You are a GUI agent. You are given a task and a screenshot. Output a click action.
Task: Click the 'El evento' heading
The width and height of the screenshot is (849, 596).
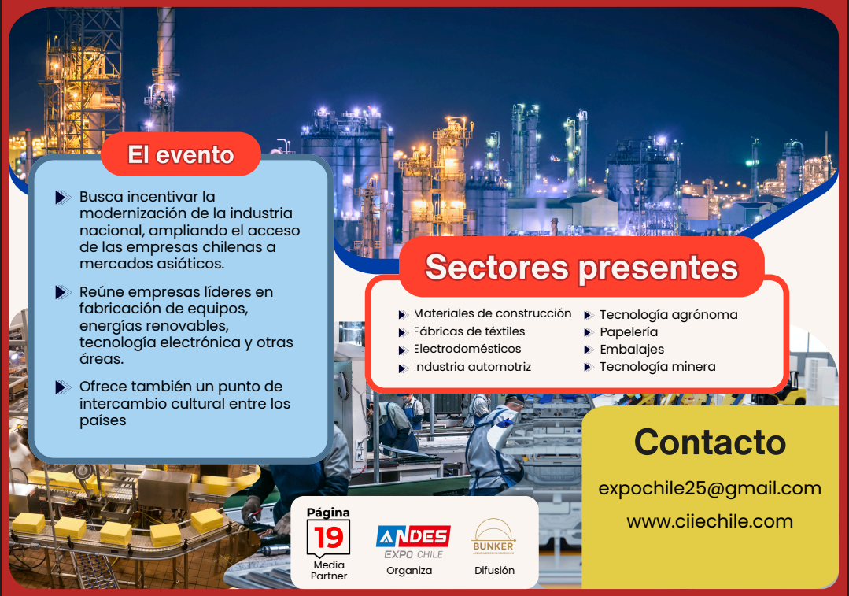(x=181, y=155)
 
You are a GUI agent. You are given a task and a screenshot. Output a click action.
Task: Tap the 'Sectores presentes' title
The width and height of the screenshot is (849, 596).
(x=581, y=268)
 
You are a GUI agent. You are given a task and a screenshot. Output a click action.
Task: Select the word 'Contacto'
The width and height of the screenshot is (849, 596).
(x=710, y=442)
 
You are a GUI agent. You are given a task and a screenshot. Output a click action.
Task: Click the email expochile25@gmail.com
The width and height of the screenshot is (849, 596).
(x=709, y=489)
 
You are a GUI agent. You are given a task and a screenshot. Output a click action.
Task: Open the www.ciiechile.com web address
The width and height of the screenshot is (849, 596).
(x=709, y=521)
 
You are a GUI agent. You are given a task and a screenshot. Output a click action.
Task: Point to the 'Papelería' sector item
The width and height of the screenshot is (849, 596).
(x=629, y=332)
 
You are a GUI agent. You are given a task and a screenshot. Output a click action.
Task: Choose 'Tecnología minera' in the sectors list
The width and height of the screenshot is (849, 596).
(x=657, y=367)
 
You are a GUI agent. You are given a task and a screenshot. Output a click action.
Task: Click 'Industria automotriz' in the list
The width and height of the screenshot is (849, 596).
(x=472, y=367)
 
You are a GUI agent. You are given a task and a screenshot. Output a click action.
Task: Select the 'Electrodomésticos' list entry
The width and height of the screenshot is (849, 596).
(x=467, y=349)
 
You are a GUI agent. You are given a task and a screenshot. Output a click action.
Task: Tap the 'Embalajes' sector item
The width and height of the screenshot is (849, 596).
(x=632, y=350)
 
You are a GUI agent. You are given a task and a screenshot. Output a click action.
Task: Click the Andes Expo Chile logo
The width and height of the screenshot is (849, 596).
(x=414, y=542)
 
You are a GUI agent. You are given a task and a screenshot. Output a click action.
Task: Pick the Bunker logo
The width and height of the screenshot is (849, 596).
(x=493, y=537)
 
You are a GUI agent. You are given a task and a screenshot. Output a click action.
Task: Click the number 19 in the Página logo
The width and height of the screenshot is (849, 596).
(x=329, y=537)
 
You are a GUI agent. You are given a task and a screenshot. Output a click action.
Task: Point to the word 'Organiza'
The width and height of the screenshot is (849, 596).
(x=409, y=571)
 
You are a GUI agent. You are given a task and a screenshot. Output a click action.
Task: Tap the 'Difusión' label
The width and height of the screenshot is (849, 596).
(x=494, y=571)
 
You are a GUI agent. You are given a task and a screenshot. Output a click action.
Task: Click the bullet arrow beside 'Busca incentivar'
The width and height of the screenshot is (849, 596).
(x=63, y=197)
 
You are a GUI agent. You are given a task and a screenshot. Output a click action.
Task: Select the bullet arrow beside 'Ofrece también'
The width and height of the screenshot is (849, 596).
(x=63, y=387)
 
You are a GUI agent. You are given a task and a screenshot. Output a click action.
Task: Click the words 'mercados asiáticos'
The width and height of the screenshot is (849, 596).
(x=152, y=264)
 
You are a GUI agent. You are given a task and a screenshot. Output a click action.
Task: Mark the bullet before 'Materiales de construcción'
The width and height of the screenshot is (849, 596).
(x=403, y=315)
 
